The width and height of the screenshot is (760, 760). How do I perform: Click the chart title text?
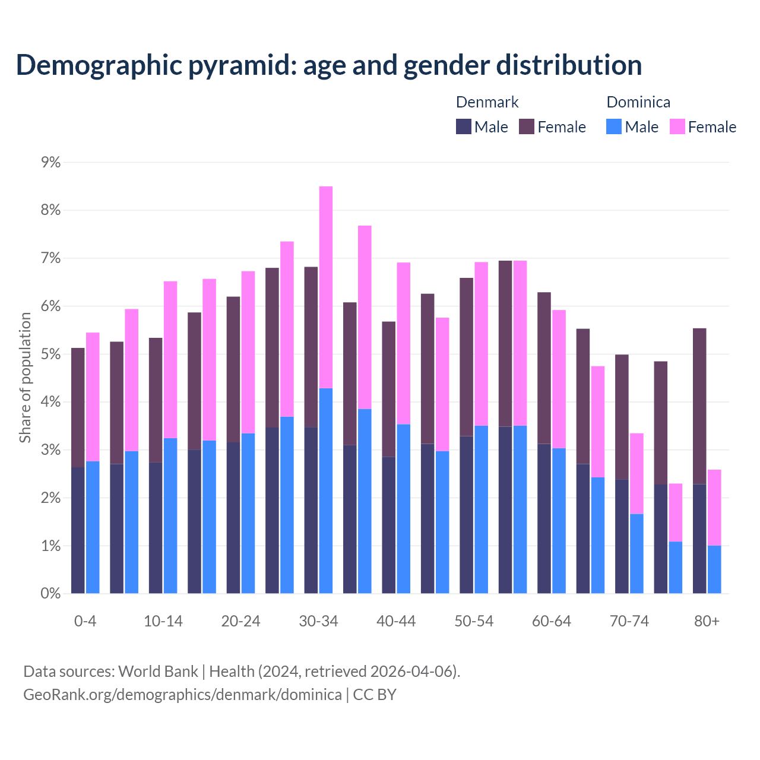tap(328, 65)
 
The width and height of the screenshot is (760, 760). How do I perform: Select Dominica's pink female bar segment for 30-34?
tap(326, 287)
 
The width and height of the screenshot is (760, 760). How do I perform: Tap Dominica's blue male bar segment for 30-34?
tap(326, 490)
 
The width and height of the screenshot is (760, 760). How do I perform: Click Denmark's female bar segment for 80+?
tap(699, 406)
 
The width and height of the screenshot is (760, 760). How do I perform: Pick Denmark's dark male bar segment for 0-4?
tap(78, 530)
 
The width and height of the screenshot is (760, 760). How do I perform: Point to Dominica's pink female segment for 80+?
tap(714, 508)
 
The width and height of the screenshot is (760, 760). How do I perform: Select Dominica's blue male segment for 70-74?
tap(636, 553)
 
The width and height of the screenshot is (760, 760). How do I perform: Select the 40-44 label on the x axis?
tap(396, 621)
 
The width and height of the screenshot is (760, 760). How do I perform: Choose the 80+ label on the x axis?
tap(707, 621)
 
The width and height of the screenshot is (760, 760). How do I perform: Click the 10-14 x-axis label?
tap(163, 621)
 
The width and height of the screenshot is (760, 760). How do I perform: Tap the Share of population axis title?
tap(25, 378)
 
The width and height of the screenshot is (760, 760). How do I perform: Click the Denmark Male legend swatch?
tap(464, 126)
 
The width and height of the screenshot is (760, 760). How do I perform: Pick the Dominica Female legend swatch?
tap(677, 126)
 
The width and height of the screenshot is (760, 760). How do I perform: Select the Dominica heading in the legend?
tap(638, 102)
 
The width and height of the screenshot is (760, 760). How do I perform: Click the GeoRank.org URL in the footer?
tap(182, 694)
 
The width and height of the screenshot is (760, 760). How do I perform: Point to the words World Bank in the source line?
tap(158, 672)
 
